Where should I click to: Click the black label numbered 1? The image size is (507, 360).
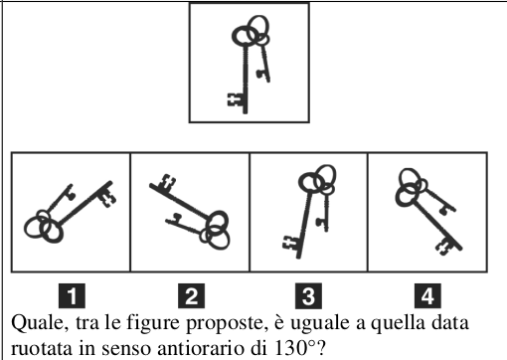[72, 295]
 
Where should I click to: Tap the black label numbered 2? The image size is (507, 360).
[191, 295]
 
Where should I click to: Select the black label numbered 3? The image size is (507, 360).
[308, 295]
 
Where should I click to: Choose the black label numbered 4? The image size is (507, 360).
[427, 295]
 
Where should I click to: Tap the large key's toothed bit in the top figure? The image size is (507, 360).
[236, 99]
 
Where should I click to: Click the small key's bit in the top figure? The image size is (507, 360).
[261, 75]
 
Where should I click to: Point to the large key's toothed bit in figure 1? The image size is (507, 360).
[107, 198]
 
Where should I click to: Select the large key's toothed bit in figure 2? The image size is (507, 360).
[166, 182]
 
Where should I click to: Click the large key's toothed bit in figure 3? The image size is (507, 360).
[290, 244]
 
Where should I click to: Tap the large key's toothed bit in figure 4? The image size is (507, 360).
[443, 248]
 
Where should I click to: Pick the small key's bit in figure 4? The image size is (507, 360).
[443, 210]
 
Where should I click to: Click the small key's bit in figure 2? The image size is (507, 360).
[176, 217]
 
